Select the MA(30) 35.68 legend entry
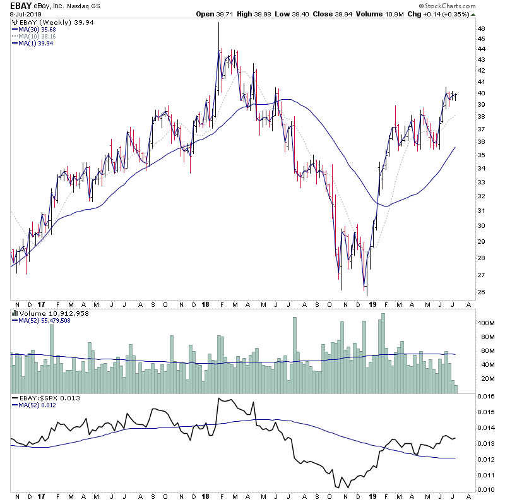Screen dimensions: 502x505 (x=37, y=30)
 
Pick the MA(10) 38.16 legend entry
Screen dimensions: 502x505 (x=37, y=37)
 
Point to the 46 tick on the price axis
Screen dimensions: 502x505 (x=481, y=29)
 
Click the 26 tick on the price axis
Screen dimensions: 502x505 (x=481, y=292)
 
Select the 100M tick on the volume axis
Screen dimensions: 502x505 (x=484, y=323)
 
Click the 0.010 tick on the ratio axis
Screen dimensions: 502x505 (x=485, y=490)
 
